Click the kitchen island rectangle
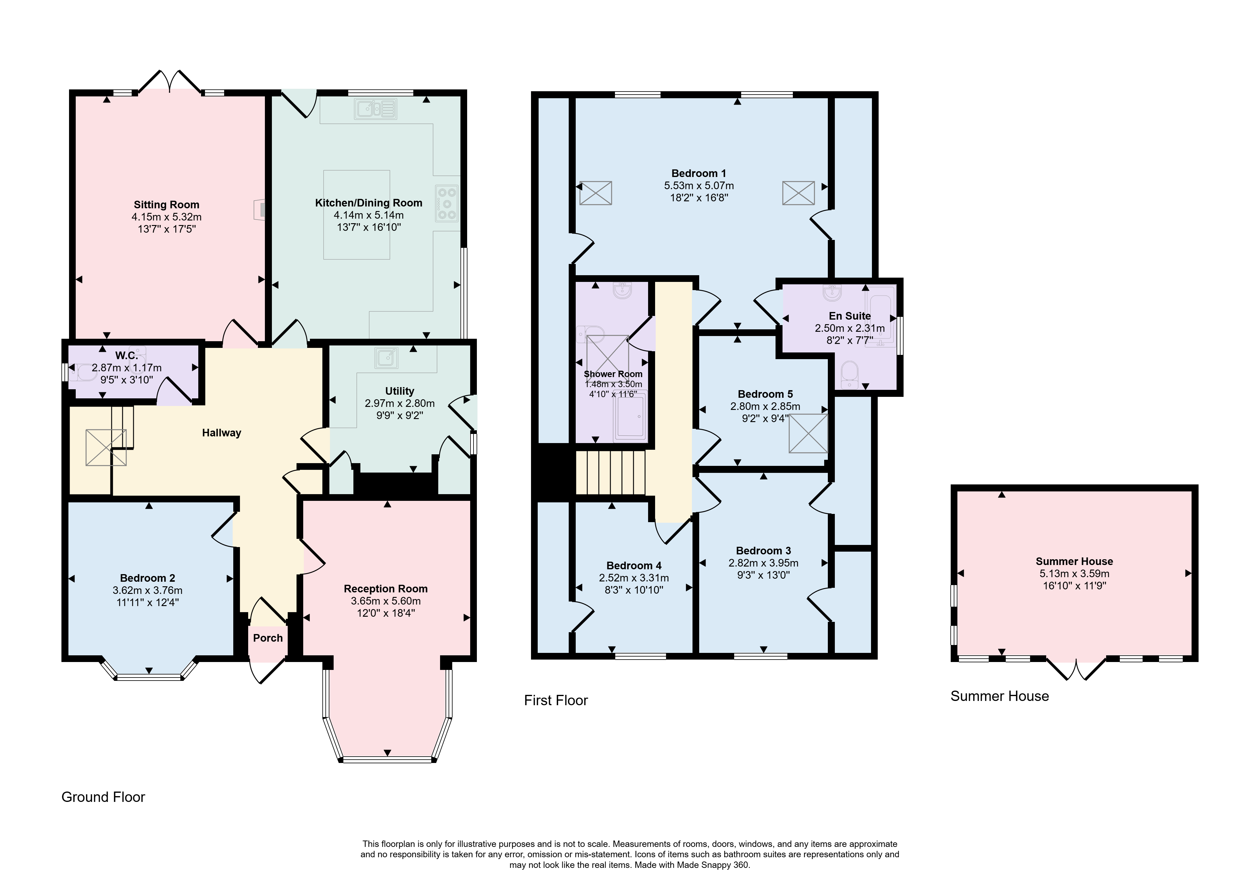click(x=357, y=215)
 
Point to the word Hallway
click(x=222, y=433)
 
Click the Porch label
click(x=268, y=638)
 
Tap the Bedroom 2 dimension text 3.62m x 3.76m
click(x=148, y=591)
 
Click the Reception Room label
click(x=386, y=589)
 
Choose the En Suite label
click(x=849, y=316)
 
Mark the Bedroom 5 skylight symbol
click(x=808, y=433)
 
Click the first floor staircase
click(x=610, y=473)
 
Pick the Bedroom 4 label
click(x=634, y=566)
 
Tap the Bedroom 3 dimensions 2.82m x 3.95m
click(x=763, y=563)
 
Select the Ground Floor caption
click(x=103, y=797)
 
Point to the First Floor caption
click(x=556, y=701)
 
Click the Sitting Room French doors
click(x=170, y=81)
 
